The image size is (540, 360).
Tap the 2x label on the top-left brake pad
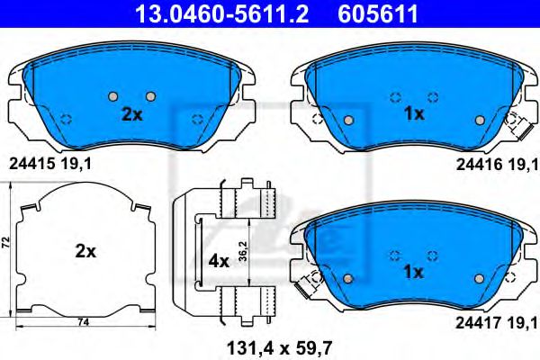pos(132,115)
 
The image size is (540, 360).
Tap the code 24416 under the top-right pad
pos(478,163)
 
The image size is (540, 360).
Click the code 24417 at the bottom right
pos(478,318)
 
